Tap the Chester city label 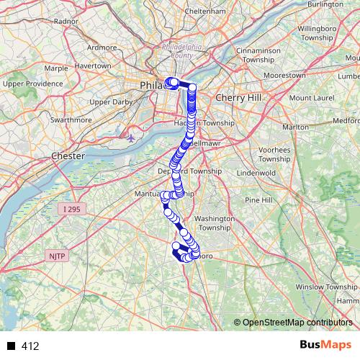coord(68,156)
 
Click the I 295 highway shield coord(71,209)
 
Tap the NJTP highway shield coord(56,255)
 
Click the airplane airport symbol coord(132,135)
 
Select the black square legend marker coord(11,346)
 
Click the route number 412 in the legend coord(30,346)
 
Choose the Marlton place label coord(295,127)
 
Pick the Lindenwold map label coord(256,173)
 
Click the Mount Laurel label coord(311,96)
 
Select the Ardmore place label coord(102,48)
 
